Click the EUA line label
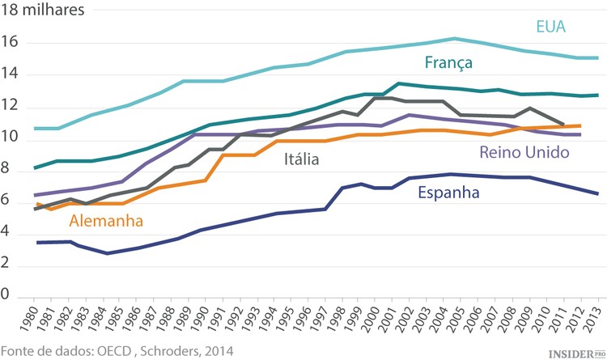550,27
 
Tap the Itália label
301,159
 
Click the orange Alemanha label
106,220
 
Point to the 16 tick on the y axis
10,43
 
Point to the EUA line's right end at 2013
597,58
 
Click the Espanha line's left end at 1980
37,242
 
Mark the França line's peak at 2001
397,83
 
